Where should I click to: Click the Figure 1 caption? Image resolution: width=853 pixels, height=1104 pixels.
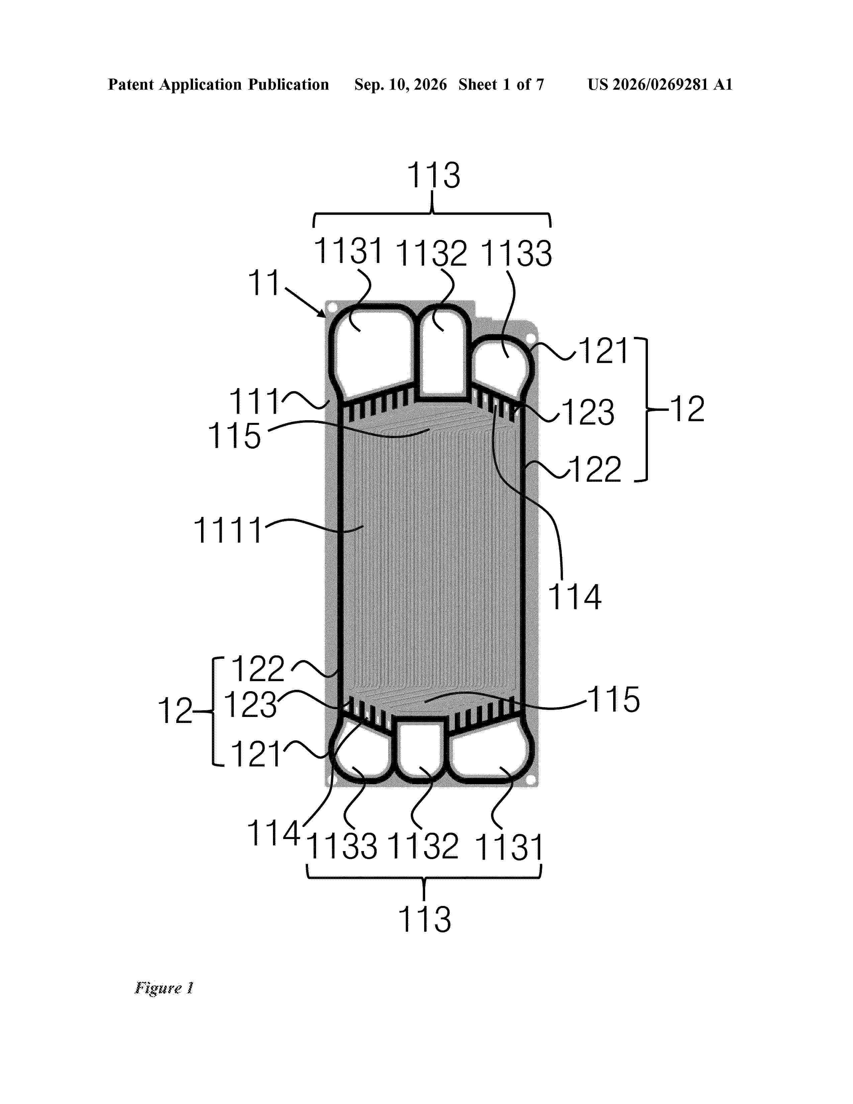click(x=164, y=988)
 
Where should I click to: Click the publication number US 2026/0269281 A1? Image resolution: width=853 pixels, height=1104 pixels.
click(x=660, y=84)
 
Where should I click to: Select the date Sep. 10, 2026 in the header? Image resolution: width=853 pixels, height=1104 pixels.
click(x=400, y=84)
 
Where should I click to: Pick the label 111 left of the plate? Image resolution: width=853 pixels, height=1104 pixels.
click(x=254, y=402)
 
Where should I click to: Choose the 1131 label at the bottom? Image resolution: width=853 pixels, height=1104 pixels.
click(x=509, y=848)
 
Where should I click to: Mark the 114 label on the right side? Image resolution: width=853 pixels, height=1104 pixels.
click(x=575, y=597)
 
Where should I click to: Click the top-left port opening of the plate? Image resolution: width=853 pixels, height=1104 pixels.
click(x=372, y=354)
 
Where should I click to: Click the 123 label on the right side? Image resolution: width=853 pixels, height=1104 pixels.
click(x=588, y=412)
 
